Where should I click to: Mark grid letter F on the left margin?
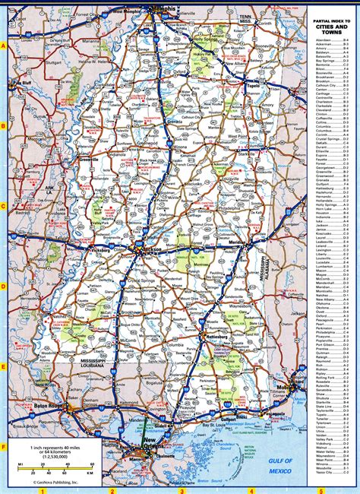4,448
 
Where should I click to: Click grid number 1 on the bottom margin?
45,490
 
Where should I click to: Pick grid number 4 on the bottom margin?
246,490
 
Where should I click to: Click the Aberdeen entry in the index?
322,38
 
